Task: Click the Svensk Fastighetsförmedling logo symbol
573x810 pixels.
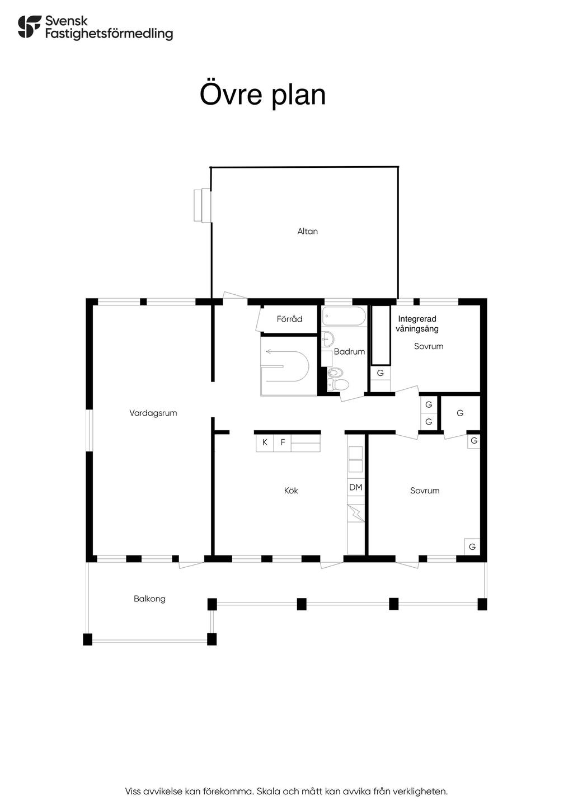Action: click(x=30, y=27)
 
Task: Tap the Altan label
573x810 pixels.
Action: click(x=307, y=231)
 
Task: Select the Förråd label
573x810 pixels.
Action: click(x=289, y=319)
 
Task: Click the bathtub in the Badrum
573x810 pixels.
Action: click(x=344, y=317)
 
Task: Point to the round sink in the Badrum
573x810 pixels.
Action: click(x=327, y=338)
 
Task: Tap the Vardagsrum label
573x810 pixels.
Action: click(x=153, y=413)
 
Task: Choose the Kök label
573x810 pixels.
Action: click(x=291, y=491)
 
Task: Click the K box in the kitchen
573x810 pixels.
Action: click(x=265, y=442)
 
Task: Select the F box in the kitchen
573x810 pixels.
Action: click(x=283, y=442)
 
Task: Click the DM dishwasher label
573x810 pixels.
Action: click(x=356, y=487)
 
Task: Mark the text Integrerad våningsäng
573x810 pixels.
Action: click(x=417, y=324)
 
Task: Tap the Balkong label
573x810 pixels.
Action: click(x=149, y=599)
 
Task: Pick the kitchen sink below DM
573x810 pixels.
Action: click(x=356, y=512)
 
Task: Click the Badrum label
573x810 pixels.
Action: click(x=349, y=351)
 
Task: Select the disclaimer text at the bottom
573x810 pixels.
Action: click(x=286, y=791)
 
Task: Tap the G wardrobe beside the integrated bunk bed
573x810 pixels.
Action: click(x=381, y=373)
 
